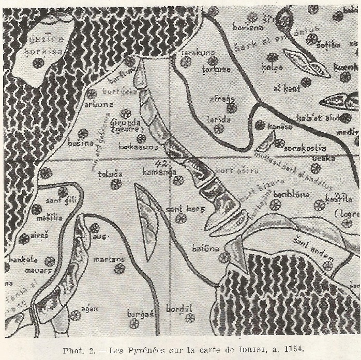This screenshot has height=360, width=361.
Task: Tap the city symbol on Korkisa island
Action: (38, 62)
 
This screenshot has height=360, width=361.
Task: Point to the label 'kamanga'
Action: (158, 174)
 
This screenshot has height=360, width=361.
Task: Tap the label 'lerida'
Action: (218, 119)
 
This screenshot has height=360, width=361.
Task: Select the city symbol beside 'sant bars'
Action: (180, 218)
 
